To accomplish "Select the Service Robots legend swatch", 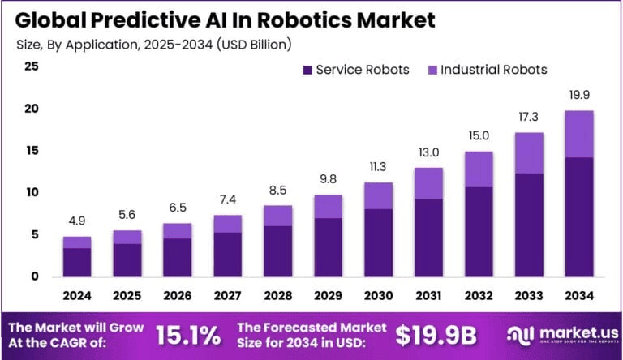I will pyautogui.click(x=307, y=70).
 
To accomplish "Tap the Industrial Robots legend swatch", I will pyautogui.click(x=432, y=70).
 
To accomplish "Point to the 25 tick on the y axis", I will pyautogui.click(x=32, y=66).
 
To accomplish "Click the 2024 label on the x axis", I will pyautogui.click(x=77, y=296).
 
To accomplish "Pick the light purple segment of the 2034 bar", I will pyautogui.click(x=579, y=134).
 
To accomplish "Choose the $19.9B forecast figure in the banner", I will pyautogui.click(x=436, y=334).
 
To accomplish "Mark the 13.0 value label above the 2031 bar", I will pyautogui.click(x=429, y=152).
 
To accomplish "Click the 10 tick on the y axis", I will pyautogui.click(x=32, y=193).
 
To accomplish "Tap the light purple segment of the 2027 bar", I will pyautogui.click(x=228, y=224).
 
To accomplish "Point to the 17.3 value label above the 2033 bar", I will pyautogui.click(x=529, y=119).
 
